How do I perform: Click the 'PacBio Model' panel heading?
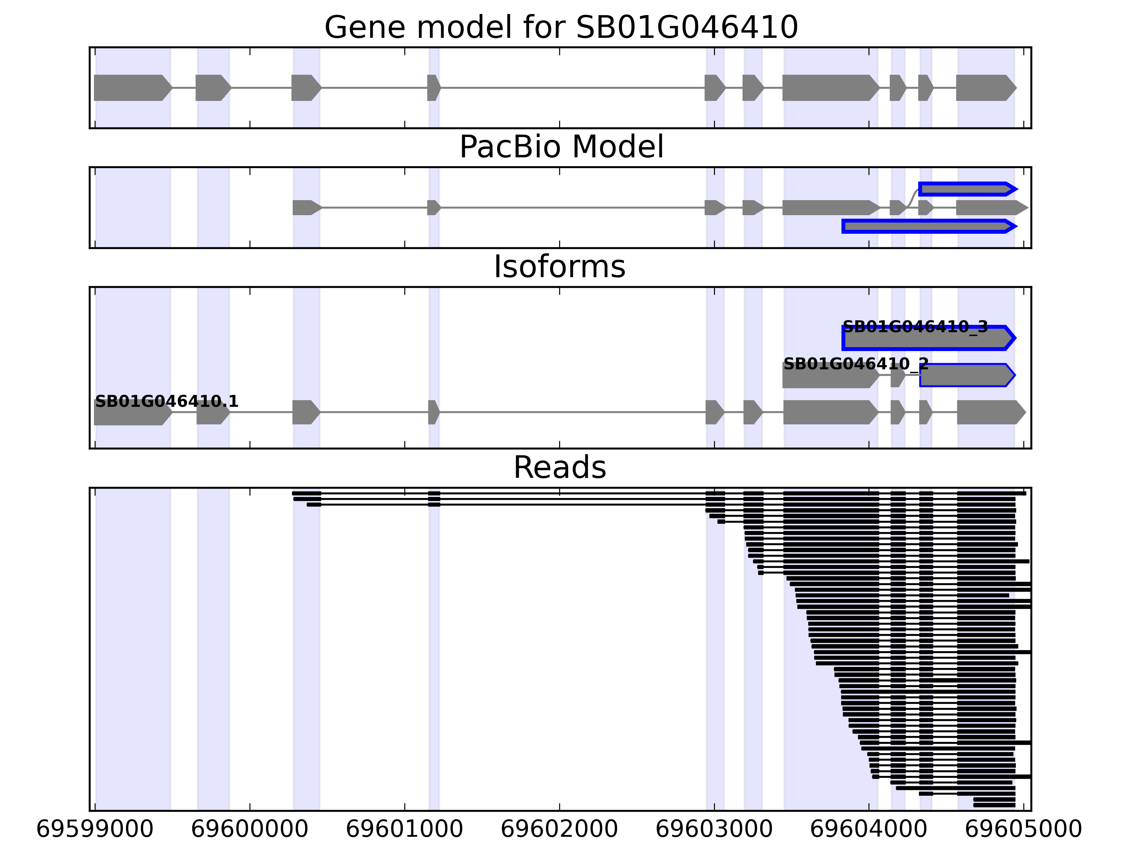coord(561,147)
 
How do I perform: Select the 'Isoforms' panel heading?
coord(559,267)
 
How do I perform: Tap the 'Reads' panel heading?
coord(559,467)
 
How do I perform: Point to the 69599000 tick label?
coord(95,829)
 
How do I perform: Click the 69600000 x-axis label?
coord(249,829)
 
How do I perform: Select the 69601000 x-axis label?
coord(404,829)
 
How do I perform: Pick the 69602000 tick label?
coord(559,829)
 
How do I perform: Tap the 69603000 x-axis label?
coord(714,829)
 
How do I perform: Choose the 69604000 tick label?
coord(869,829)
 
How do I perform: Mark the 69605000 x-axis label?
coord(1023,829)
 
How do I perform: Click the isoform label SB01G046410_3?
coord(915,327)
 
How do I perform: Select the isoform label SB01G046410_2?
coord(856,364)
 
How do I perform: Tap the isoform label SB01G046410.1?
coord(167,402)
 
